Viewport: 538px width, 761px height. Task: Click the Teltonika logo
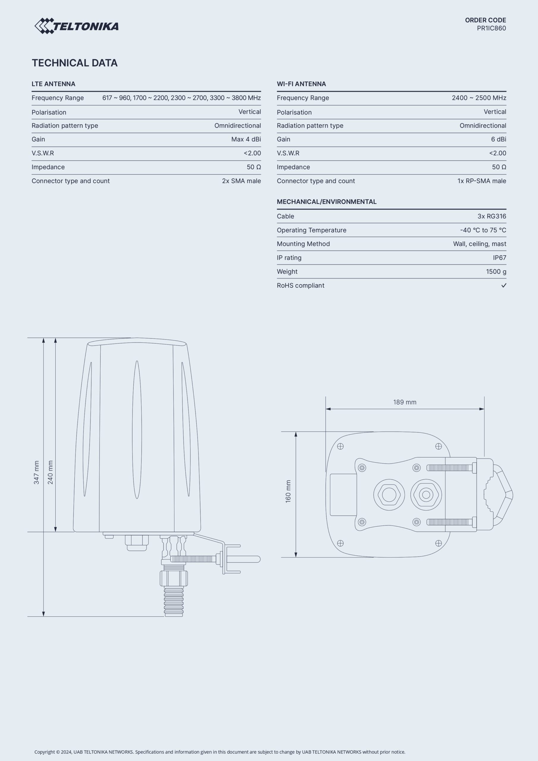tap(77, 26)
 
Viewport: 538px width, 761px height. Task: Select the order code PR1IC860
tap(491, 29)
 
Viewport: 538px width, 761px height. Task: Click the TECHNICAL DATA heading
tap(75, 63)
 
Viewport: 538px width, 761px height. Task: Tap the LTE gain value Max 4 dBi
tap(246, 139)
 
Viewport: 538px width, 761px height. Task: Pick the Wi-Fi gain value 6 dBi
tap(498, 139)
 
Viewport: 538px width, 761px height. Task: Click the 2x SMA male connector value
tap(241, 181)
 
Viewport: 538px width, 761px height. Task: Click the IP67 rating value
tap(499, 258)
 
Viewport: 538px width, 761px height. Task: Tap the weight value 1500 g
tap(496, 272)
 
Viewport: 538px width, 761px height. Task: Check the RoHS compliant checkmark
tap(504, 285)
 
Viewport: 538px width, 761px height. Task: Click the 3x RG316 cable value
tap(492, 216)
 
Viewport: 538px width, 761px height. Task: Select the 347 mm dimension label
tap(37, 472)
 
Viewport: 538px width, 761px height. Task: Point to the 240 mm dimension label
tap(51, 472)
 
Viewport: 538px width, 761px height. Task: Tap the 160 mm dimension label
tap(288, 491)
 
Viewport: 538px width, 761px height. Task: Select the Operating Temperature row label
tap(311, 230)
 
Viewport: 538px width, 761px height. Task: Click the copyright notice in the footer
tap(220, 752)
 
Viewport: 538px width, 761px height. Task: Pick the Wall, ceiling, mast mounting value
tap(479, 244)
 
